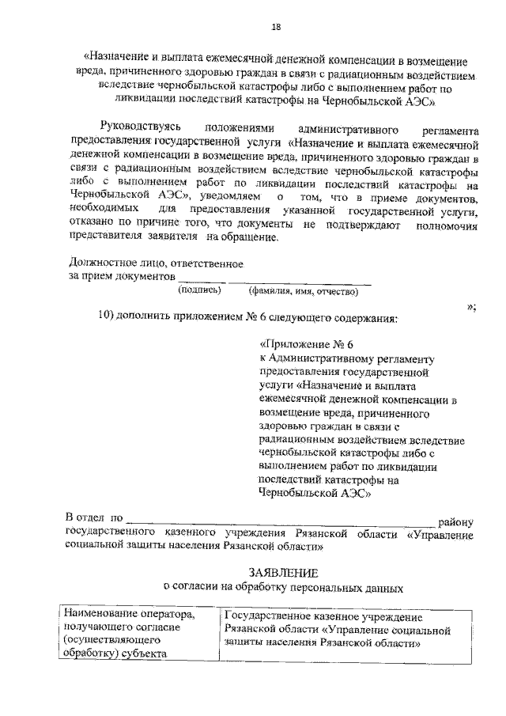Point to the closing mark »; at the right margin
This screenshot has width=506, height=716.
[470, 305]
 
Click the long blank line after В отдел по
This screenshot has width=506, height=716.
[280, 522]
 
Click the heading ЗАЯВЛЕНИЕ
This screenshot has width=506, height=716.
[283, 572]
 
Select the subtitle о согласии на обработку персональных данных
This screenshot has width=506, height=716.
[282, 588]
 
